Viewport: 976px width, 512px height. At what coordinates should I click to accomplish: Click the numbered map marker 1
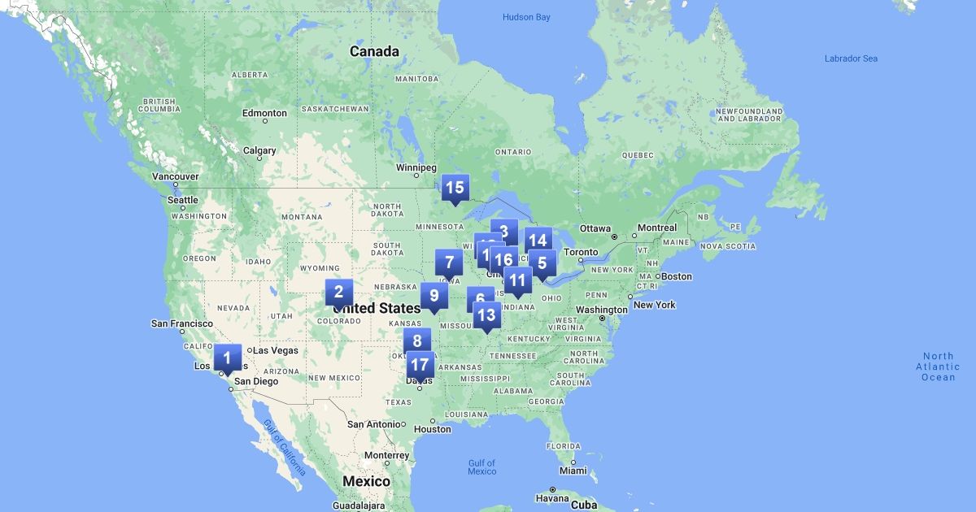pyautogui.click(x=227, y=358)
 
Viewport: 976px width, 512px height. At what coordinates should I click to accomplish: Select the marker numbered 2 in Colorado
pyautogui.click(x=339, y=293)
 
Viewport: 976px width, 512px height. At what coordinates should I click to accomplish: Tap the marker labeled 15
pyautogui.click(x=455, y=188)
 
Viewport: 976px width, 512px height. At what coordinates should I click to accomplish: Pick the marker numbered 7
pyautogui.click(x=449, y=263)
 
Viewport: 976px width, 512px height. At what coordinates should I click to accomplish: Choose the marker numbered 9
pyautogui.click(x=434, y=296)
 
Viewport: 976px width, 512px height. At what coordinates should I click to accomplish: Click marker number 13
pyautogui.click(x=486, y=315)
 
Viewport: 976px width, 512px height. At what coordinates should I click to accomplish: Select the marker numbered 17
pyautogui.click(x=420, y=366)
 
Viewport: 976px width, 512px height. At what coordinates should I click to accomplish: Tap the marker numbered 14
pyautogui.click(x=538, y=241)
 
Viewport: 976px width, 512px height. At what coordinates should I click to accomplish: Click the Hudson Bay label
pyautogui.click(x=526, y=17)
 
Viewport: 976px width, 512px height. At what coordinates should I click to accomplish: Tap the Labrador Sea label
pyautogui.click(x=851, y=59)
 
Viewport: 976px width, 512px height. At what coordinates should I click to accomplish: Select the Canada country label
pyautogui.click(x=374, y=52)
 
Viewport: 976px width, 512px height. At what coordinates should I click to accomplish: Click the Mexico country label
pyautogui.click(x=366, y=481)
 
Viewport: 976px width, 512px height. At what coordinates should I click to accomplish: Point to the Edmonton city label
pyautogui.click(x=264, y=113)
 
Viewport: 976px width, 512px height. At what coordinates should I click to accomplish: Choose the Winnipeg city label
pyautogui.click(x=416, y=167)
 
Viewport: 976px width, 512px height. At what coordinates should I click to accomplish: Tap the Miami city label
pyautogui.click(x=573, y=471)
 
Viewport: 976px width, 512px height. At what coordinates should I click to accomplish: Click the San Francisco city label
pyautogui.click(x=182, y=323)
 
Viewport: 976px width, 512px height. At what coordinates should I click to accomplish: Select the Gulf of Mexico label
pyautogui.click(x=481, y=467)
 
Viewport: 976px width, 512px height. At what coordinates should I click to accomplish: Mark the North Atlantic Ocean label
pyautogui.click(x=938, y=367)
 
